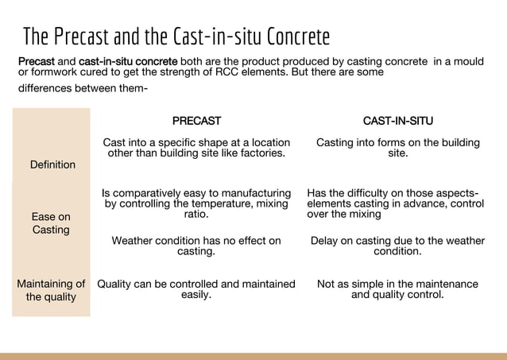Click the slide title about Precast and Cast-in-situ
pos(176,37)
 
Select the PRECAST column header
pos(196,121)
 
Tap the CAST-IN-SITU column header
pos(397,121)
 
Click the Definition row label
pos(52,165)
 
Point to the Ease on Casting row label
pos(51,223)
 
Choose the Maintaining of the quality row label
pos(51,290)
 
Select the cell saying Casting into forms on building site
pos(397,148)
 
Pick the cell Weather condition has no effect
pos(196,246)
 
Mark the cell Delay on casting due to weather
pos(397,246)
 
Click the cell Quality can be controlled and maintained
pos(196,288)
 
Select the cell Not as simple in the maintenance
pos(397,288)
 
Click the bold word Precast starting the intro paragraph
pos(37,61)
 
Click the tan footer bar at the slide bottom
pos(253,355)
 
